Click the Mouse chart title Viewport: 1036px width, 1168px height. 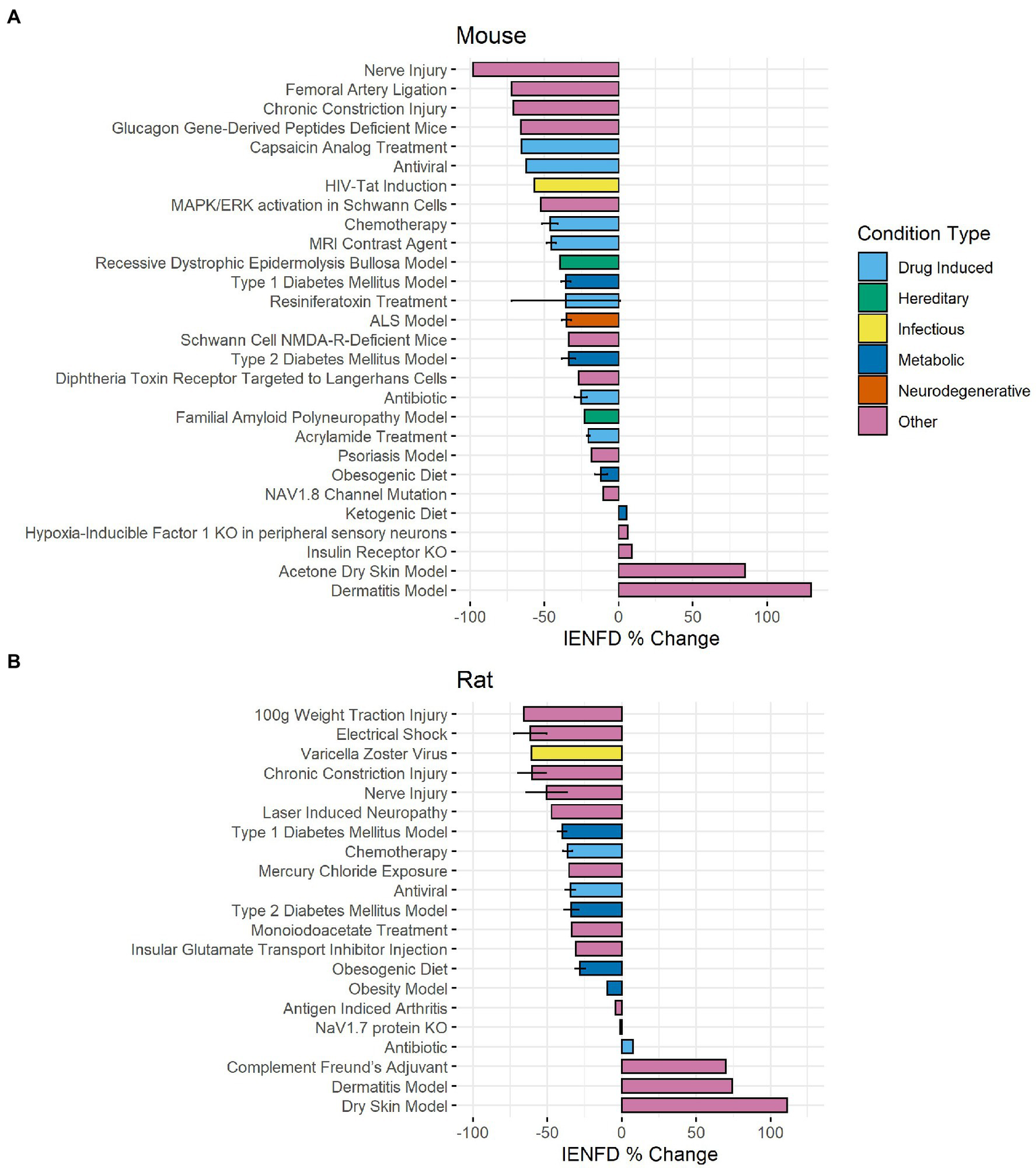491,35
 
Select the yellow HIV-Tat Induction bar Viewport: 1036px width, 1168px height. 576,186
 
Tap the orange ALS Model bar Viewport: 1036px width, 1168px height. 592,321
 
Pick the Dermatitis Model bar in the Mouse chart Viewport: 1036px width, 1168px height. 714,590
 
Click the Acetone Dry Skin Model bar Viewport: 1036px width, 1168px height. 682,571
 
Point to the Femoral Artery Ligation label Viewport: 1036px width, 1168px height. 366,90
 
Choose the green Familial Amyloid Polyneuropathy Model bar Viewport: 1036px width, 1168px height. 601,417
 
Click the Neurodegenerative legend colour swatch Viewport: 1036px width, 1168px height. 872,390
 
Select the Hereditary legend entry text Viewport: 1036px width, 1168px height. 933,298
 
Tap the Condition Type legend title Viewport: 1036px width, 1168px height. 923,234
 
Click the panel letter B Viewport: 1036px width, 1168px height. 13,662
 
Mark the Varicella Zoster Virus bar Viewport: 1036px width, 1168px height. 576,753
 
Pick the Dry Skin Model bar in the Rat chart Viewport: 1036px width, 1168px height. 704,1106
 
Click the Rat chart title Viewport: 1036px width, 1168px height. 474,680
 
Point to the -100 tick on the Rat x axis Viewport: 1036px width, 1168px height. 472,1132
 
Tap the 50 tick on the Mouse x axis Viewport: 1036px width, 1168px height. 692,616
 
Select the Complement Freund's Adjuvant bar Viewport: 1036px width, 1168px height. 674,1067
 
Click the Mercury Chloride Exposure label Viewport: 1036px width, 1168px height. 352,872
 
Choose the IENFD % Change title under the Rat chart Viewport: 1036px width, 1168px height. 639,1154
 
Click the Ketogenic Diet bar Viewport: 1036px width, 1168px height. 622,513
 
